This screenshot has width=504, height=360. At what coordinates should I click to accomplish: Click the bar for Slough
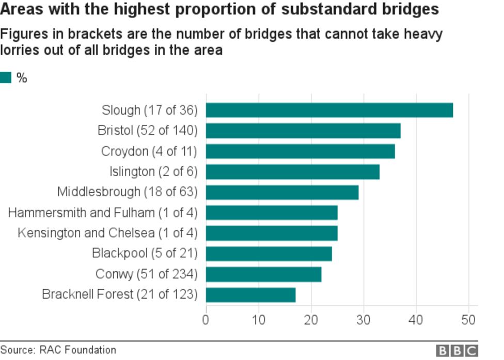329,110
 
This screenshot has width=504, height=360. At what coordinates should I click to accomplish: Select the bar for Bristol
303,131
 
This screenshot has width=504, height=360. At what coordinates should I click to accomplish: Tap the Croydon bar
301,151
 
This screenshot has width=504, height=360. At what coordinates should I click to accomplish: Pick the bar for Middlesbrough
282,192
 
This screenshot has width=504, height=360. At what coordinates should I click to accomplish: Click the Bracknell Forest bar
250,295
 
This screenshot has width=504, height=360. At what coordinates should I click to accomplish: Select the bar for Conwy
263,274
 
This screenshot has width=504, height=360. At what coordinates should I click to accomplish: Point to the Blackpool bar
269,254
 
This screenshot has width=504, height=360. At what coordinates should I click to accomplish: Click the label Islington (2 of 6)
153,171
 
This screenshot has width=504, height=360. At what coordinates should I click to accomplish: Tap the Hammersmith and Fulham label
103,213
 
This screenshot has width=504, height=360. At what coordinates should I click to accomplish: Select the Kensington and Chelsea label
107,233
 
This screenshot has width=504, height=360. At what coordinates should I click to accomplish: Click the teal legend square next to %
6,78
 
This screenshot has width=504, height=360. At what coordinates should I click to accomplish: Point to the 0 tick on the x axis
206,320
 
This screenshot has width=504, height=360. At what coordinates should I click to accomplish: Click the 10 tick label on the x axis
258,320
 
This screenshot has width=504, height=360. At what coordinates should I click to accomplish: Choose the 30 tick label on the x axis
364,320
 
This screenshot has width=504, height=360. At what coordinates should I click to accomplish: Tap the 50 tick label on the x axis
468,320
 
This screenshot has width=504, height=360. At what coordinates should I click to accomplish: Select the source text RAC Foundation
77,350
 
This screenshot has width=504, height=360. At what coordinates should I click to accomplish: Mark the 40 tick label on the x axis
416,320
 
